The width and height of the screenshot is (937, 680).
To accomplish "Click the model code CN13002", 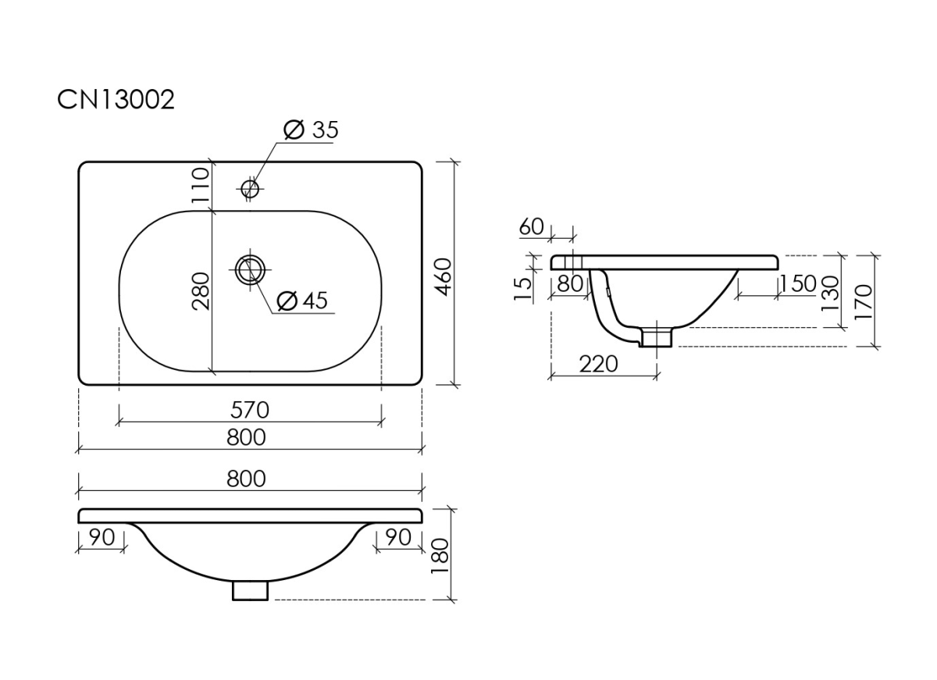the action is pyautogui.click(x=116, y=99).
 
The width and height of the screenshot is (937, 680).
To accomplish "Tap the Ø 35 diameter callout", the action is pyautogui.click(x=311, y=130).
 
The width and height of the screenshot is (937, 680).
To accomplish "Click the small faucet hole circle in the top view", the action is pyautogui.click(x=250, y=188).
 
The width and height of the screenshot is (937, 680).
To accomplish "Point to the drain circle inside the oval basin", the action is pyautogui.click(x=250, y=270).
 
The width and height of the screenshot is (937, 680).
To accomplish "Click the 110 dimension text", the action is pyautogui.click(x=201, y=185).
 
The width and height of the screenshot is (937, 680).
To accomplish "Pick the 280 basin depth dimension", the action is pyautogui.click(x=201, y=291).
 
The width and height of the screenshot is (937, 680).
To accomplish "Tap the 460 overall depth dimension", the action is pyautogui.click(x=444, y=277).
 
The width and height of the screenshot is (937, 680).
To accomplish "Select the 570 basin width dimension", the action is pyautogui.click(x=250, y=410).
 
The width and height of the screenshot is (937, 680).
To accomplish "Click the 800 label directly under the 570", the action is pyautogui.click(x=247, y=438).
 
